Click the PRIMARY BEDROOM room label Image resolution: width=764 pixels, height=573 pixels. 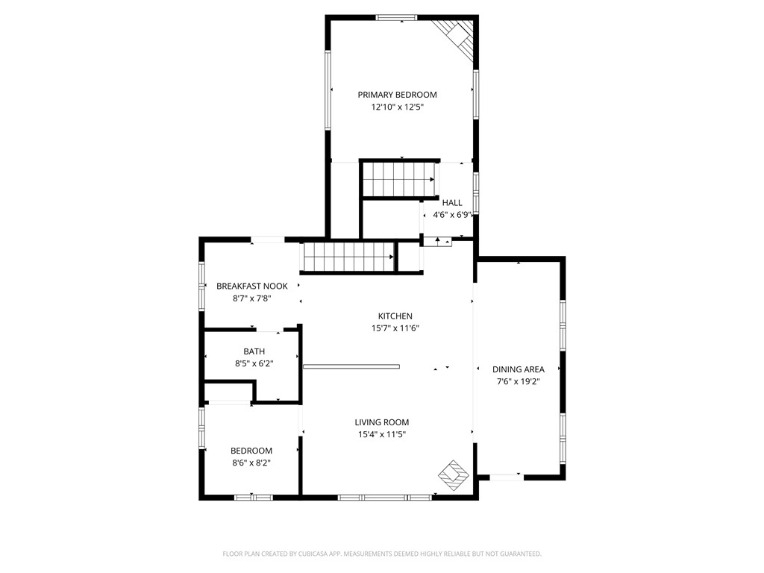(397, 95)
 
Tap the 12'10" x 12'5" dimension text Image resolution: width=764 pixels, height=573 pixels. (397, 107)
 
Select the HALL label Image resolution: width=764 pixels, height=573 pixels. (452, 203)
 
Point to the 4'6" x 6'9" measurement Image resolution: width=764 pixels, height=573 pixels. (453, 215)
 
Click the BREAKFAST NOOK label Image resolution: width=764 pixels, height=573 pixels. (252, 286)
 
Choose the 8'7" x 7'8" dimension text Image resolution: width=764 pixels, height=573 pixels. (252, 298)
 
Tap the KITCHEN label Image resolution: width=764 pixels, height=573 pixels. (395, 316)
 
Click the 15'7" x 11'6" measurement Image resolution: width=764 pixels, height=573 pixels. (395, 328)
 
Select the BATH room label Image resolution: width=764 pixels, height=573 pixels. (254, 351)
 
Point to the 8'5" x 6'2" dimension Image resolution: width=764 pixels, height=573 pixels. (254, 363)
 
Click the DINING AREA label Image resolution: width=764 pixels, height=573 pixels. (519, 369)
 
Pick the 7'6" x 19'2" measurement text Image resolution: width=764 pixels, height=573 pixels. (519, 381)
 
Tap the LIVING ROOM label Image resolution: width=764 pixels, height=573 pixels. (382, 422)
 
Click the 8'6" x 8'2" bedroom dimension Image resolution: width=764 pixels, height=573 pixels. (251, 463)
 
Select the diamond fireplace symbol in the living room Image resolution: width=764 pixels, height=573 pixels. (454, 475)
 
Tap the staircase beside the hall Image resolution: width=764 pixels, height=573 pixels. (398, 179)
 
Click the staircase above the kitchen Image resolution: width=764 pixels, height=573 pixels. (349, 257)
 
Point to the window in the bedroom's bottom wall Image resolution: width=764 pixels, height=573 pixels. (253, 498)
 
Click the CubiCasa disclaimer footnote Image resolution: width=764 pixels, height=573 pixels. (382, 554)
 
